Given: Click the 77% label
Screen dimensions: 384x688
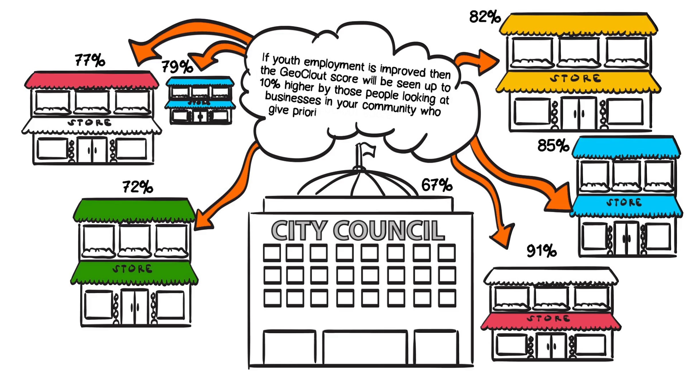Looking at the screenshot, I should (90, 60).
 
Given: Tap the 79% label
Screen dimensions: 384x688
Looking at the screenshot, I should (177, 66).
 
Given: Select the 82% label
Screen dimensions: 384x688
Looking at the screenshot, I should (485, 17).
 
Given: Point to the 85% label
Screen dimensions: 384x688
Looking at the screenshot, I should (553, 145).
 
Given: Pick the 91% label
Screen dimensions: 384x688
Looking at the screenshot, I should (542, 251).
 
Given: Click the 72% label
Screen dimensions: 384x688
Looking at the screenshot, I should (138, 187).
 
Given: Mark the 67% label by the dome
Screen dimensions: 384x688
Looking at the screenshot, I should (437, 185).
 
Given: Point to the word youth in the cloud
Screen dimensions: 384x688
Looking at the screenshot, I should (286, 60).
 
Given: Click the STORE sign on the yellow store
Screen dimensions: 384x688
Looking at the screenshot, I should (575, 78).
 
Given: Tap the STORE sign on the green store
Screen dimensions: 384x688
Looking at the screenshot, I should (132, 269).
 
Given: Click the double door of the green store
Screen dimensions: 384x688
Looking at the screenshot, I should (134, 307).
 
